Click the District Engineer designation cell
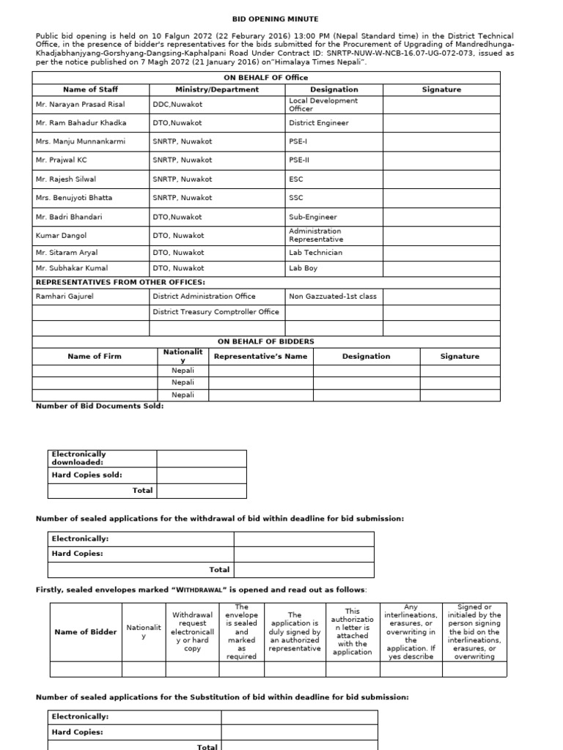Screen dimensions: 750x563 pyautogui.click(x=319, y=123)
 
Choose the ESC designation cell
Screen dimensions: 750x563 pyautogui.click(x=296, y=179)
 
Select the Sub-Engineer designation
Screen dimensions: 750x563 pyautogui.click(x=313, y=217)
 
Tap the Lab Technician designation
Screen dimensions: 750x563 pyautogui.click(x=315, y=253)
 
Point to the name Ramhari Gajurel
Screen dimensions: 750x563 pyautogui.click(x=65, y=297)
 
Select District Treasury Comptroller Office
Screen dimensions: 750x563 pyautogui.click(x=216, y=312)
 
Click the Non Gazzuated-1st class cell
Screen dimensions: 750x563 pyautogui.click(x=333, y=297)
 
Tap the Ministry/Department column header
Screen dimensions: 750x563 pyautogui.click(x=216, y=89)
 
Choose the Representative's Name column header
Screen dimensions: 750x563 pyautogui.click(x=260, y=357)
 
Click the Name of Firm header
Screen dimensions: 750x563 pyautogui.click(x=95, y=357)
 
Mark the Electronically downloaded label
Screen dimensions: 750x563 pyautogui.click(x=78, y=458)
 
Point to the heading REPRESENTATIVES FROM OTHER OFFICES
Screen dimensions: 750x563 pyautogui.click(x=120, y=282)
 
